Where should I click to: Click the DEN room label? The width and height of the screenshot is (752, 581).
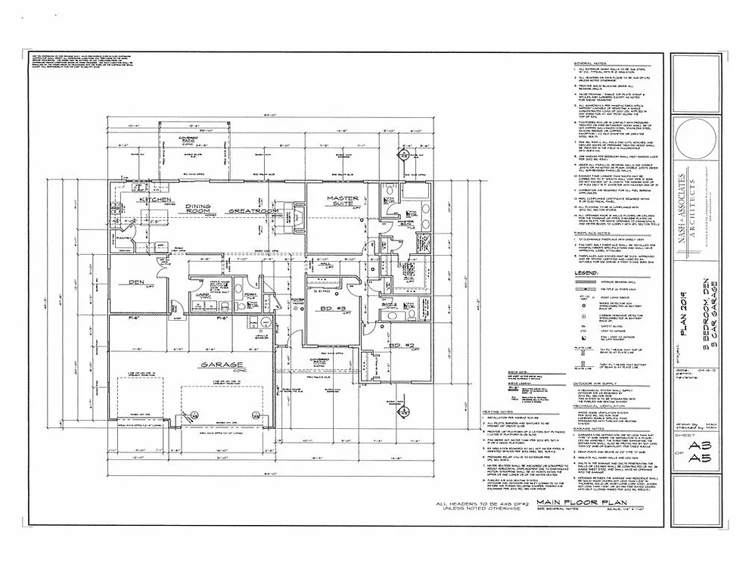coord(136,283)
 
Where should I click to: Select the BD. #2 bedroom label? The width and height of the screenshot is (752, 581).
coord(393,325)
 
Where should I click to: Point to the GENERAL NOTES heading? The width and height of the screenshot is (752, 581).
coord(592,64)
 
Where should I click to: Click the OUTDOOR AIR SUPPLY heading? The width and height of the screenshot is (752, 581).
coord(598,384)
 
